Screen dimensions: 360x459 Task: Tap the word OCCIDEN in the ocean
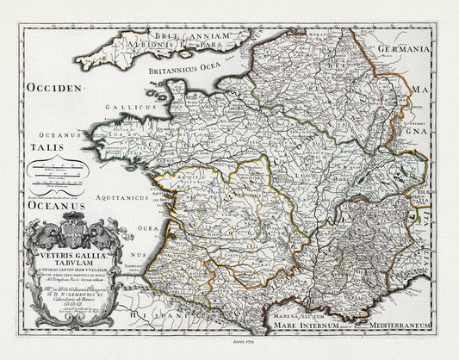[x=54, y=88]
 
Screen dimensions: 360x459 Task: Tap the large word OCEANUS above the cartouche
[x=56, y=207]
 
